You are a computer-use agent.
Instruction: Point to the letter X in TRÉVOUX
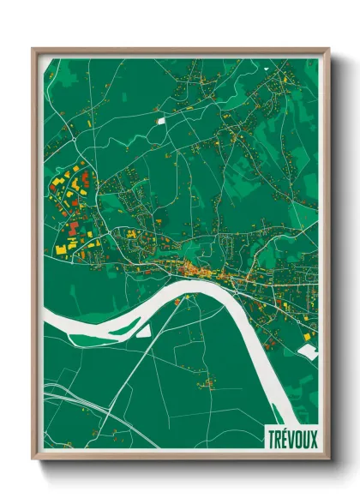pyautogui.click(x=312, y=437)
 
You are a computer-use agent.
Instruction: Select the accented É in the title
pyautogui.click(x=285, y=437)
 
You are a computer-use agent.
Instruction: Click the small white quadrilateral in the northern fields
pyautogui.click(x=160, y=121)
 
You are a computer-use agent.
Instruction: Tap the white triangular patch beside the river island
pyautogui.click(x=144, y=330)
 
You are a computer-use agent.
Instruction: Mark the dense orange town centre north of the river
pyautogui.click(x=206, y=273)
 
